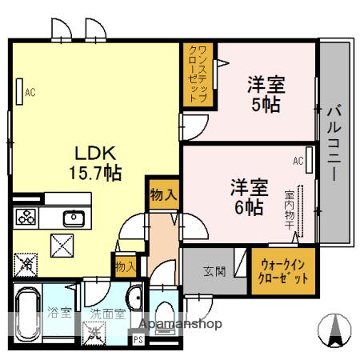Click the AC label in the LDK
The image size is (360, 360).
(x=30, y=93)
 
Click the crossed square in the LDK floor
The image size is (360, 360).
(x=62, y=246)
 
